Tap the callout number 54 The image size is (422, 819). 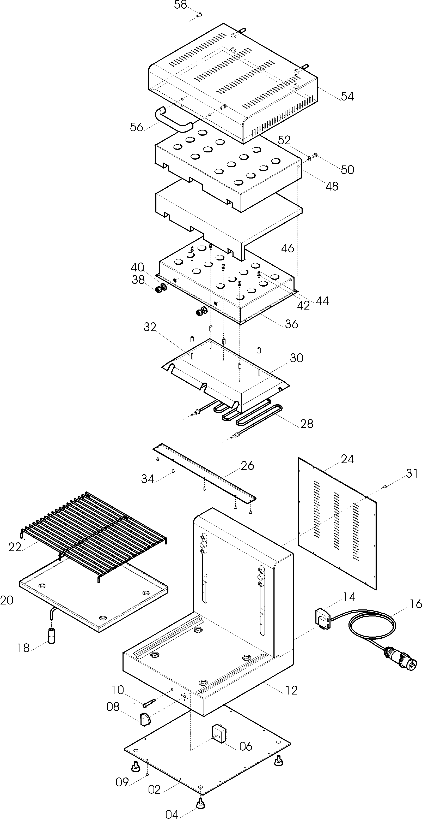pyautogui.click(x=347, y=96)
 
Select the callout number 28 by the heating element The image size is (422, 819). pyautogui.click(x=307, y=424)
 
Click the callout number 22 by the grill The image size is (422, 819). pyautogui.click(x=15, y=547)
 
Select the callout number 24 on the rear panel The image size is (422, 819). pyautogui.click(x=347, y=459)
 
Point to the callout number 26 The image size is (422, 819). pyautogui.click(x=247, y=466)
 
